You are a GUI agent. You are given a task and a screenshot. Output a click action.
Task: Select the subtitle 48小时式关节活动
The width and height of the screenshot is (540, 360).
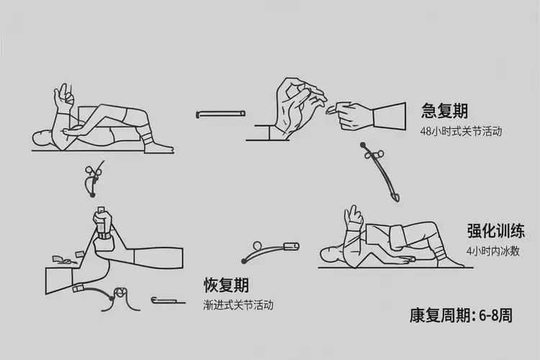click(x=461, y=132)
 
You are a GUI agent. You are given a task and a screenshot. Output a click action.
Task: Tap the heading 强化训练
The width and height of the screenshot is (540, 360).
click(x=495, y=231)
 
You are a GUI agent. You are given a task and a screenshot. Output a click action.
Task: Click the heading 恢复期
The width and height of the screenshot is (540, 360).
click(x=227, y=285)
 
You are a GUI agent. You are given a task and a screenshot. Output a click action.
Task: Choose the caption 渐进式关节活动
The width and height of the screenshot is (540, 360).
click(x=238, y=305)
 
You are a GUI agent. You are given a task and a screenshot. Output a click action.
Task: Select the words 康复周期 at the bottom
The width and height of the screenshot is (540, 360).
click(x=438, y=316)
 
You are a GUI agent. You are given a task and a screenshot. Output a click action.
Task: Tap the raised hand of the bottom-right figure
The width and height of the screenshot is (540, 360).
click(x=354, y=215)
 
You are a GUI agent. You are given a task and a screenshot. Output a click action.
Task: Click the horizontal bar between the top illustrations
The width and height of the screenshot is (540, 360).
click(x=221, y=113)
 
